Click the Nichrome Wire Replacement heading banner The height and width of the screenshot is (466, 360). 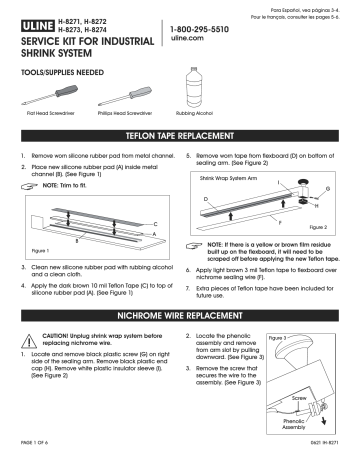click(x=180, y=315)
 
